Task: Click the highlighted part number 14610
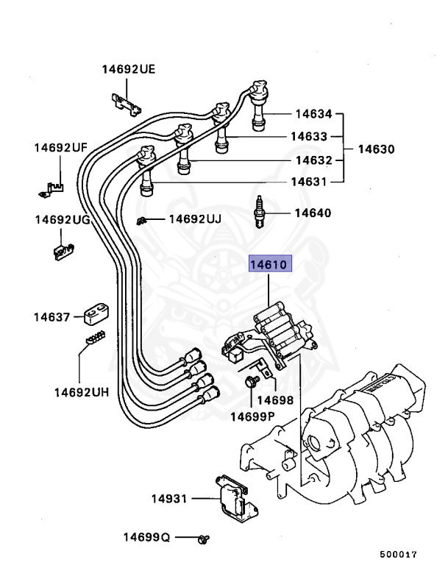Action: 271,263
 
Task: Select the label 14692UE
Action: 128,70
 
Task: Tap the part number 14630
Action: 376,149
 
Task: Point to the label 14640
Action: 313,213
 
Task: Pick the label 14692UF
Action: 60,148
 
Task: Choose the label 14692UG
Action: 62,220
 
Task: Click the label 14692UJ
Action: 195,218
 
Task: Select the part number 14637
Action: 51,317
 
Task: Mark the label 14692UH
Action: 81,392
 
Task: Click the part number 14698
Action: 276,401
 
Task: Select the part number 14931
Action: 170,499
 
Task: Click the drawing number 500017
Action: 398,554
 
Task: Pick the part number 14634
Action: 314,114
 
